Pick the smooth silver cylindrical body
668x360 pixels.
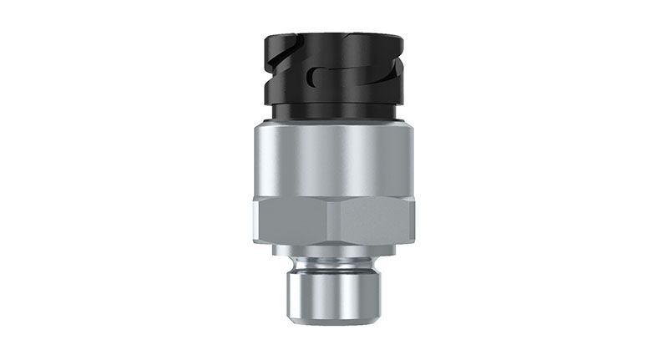(334, 159)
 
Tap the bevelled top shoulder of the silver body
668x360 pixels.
(334, 125)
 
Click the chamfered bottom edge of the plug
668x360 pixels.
(334, 321)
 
